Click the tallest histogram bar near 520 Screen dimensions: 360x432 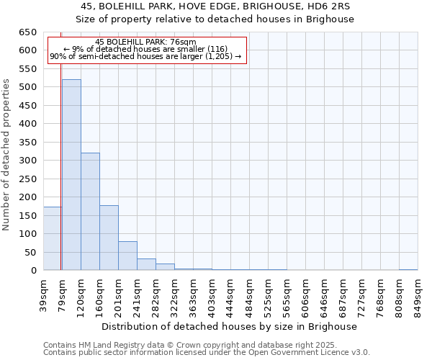[x=71, y=175]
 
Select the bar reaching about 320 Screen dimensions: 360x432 [x=90, y=212]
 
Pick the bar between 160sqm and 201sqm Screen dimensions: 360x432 [x=109, y=238]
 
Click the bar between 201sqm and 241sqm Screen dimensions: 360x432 [x=127, y=256]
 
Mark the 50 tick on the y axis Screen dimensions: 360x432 [x=30, y=252]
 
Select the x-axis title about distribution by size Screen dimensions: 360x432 [x=229, y=326]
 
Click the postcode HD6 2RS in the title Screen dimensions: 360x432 [x=325, y=6]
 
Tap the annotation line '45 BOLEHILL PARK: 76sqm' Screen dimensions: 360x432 [x=145, y=42]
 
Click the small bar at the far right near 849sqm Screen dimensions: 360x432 [x=408, y=269]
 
